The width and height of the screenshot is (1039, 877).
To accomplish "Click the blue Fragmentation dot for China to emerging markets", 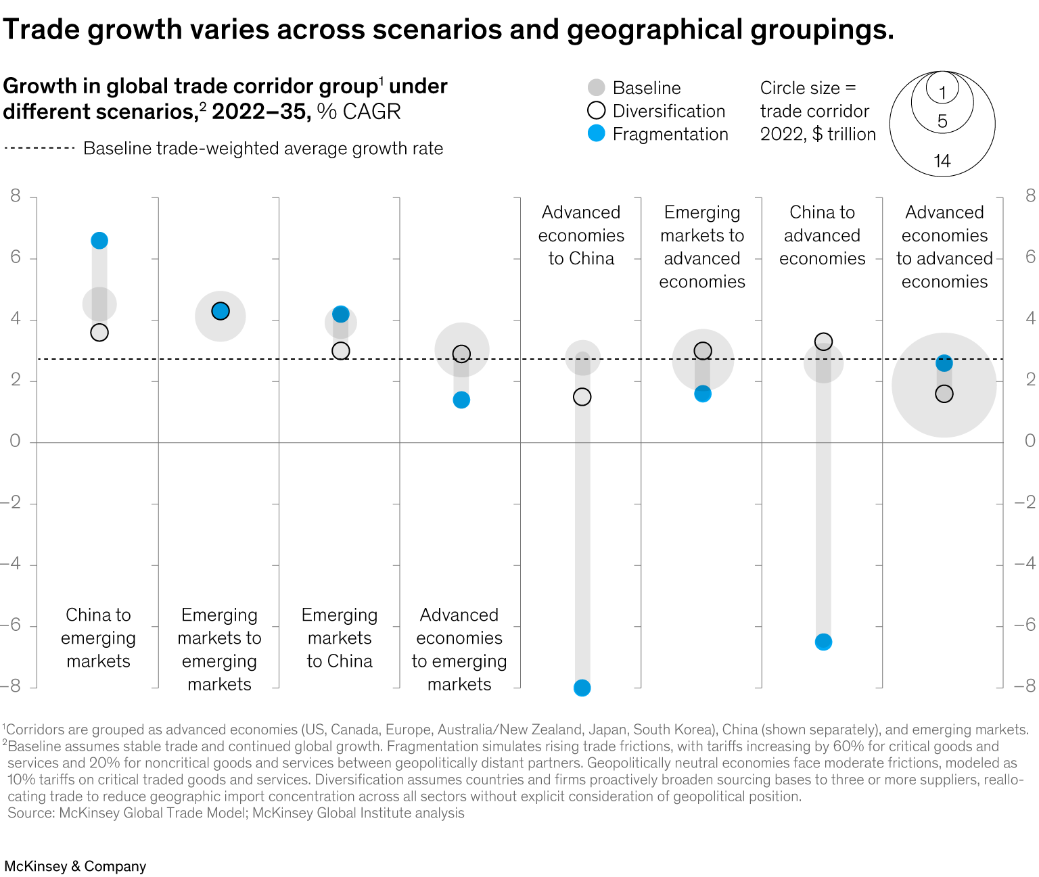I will pyautogui.click(x=99, y=241).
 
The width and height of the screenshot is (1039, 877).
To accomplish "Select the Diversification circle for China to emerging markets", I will pyautogui.click(x=99, y=333).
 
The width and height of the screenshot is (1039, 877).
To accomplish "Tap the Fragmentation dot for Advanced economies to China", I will pyautogui.click(x=582, y=688).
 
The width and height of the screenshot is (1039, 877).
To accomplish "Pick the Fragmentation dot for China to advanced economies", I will pyautogui.click(x=823, y=642).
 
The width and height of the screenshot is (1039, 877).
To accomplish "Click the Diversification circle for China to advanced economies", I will pyautogui.click(x=823, y=341).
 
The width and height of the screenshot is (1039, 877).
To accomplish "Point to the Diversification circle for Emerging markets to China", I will pyautogui.click(x=341, y=351).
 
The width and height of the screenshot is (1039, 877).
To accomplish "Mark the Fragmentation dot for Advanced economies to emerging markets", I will pyautogui.click(x=461, y=400).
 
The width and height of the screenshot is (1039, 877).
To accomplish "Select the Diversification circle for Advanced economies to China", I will pyautogui.click(x=582, y=397).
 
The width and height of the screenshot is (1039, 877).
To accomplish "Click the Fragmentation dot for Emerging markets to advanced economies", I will pyautogui.click(x=703, y=394).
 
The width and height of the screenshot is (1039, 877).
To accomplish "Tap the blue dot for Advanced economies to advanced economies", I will pyautogui.click(x=944, y=364).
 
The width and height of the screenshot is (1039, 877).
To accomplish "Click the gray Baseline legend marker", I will pyautogui.click(x=596, y=88).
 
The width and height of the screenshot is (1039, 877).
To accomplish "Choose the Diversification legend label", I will pyautogui.click(x=668, y=111).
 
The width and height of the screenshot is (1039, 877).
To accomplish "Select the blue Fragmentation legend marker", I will pyautogui.click(x=596, y=134).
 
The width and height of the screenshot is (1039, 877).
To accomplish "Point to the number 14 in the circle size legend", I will pyautogui.click(x=942, y=161).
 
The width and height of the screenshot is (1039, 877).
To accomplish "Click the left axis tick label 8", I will pyautogui.click(x=15, y=196).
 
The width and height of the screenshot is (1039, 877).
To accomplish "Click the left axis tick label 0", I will pyautogui.click(x=15, y=442).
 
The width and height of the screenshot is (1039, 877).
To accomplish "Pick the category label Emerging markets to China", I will pyautogui.click(x=340, y=638).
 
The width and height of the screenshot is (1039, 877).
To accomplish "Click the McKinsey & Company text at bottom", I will pyautogui.click(x=75, y=866).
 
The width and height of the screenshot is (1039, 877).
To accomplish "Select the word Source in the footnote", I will pyautogui.click(x=30, y=813).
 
